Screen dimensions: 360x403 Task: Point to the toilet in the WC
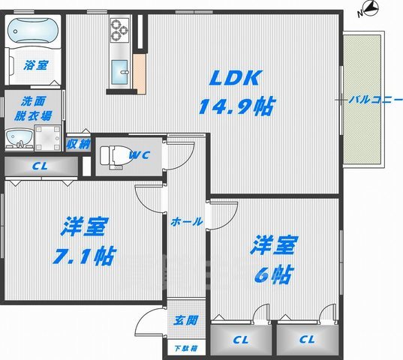(111, 155)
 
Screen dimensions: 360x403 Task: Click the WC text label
(140, 155)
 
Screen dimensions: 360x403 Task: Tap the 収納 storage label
(78, 144)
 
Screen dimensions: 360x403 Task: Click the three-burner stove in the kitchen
(120, 30)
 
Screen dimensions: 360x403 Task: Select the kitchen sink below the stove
(120, 73)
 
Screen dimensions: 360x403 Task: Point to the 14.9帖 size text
(236, 107)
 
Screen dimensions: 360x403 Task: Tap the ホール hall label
(185, 222)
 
